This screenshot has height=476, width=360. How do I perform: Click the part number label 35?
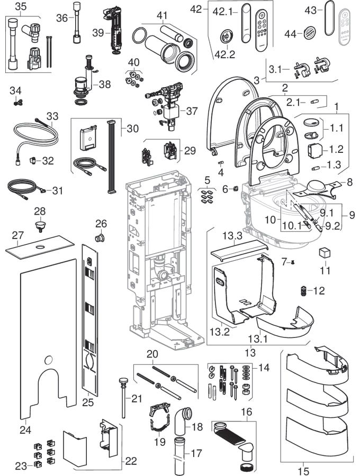tap(20, 6)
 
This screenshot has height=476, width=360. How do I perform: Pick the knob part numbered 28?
tap(40, 226)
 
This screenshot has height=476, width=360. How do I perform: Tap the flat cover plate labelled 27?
tap(40, 248)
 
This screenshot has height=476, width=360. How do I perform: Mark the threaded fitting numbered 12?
tap(304, 291)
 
